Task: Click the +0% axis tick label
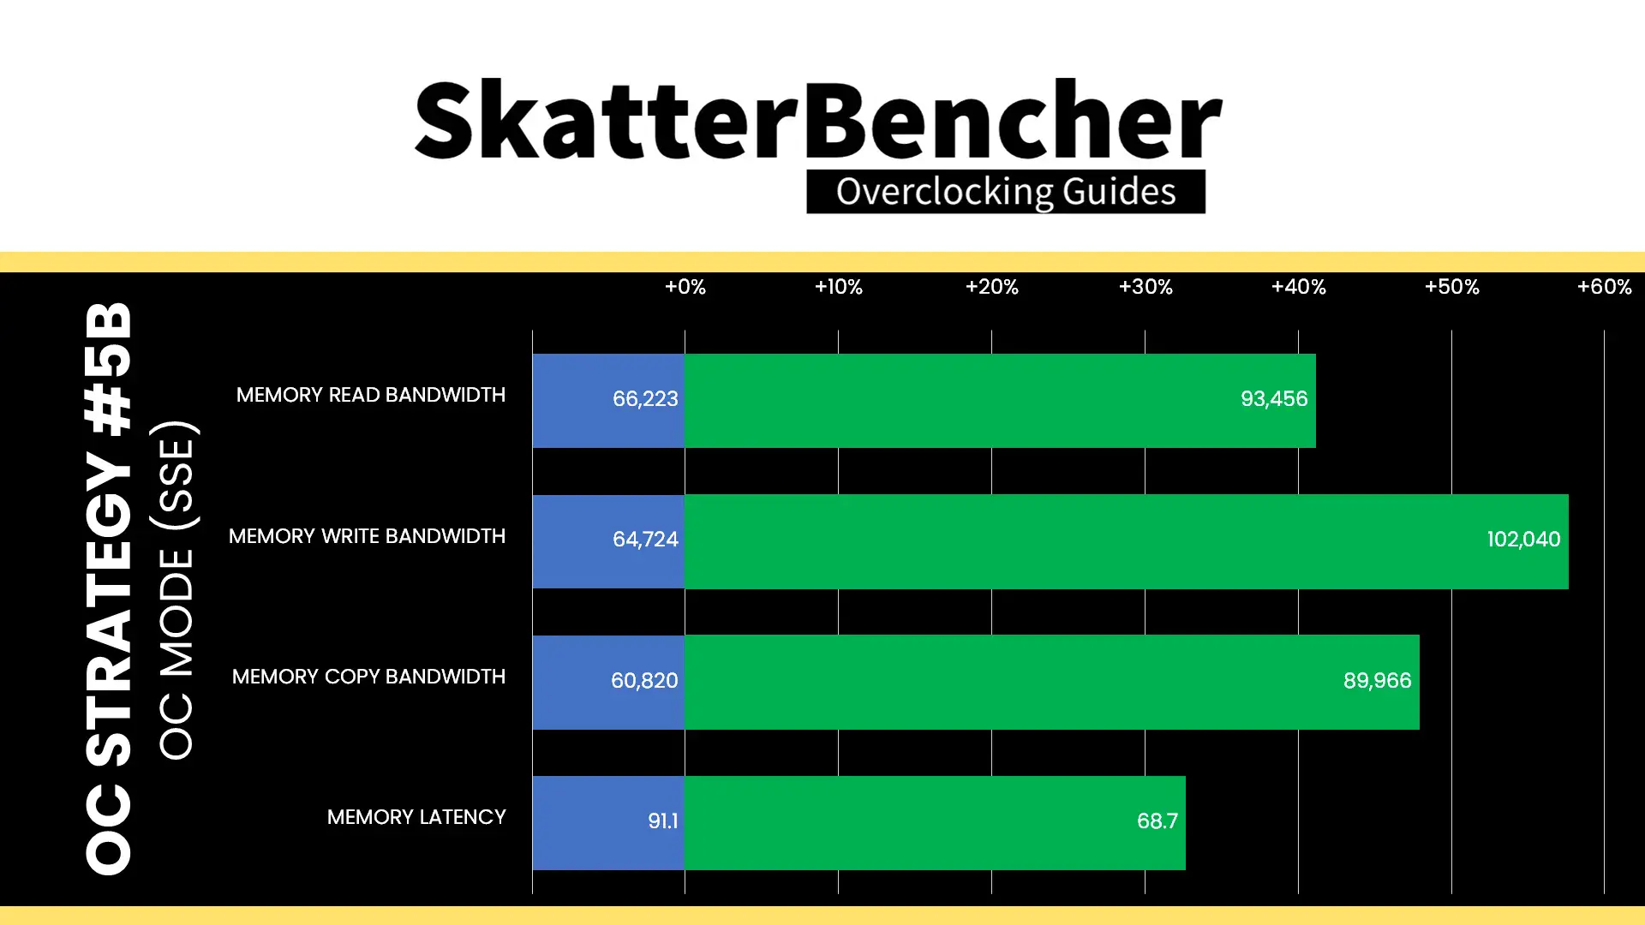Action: click(685, 287)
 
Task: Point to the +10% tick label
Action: click(838, 287)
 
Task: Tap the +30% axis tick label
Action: click(1146, 287)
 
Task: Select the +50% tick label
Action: click(1451, 287)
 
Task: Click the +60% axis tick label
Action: click(1605, 287)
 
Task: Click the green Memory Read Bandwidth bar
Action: click(1000, 401)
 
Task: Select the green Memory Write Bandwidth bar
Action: click(1127, 541)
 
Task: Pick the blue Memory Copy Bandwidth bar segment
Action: click(608, 682)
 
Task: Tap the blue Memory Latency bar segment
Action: click(608, 823)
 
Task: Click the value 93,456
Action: click(1274, 399)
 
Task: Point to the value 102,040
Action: click(1523, 540)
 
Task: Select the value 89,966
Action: click(1377, 681)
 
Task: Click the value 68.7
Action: click(1157, 821)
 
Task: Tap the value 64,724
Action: click(645, 540)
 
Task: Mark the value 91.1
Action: click(663, 821)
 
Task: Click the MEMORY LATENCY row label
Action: click(416, 817)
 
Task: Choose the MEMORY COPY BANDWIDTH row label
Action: click(368, 677)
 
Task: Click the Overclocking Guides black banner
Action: click(1006, 192)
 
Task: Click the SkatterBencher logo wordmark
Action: click(818, 120)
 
